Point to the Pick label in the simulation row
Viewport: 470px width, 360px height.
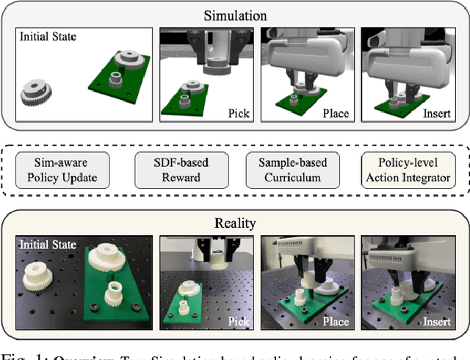click(239, 114)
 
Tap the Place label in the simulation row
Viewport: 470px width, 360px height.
click(335, 114)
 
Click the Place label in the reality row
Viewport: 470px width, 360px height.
click(335, 322)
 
